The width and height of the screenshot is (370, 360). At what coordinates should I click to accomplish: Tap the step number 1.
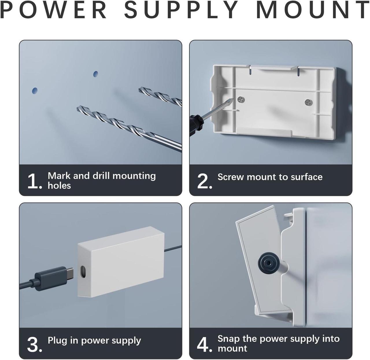[34, 181]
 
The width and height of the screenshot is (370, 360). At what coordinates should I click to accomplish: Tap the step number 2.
[204, 181]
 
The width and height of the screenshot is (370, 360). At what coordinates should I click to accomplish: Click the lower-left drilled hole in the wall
[34, 91]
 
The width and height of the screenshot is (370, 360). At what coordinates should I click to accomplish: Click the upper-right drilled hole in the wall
[96, 74]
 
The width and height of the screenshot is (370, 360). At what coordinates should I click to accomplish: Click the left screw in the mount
[241, 100]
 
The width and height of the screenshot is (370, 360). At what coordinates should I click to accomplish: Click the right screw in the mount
[308, 102]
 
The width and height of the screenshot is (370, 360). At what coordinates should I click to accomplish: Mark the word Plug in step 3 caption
[58, 340]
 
